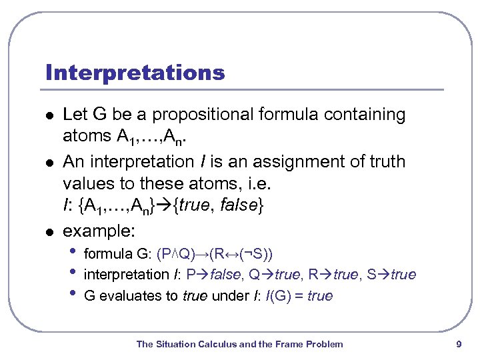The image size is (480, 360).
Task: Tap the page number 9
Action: [x=458, y=344]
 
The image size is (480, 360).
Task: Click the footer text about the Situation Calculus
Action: [x=239, y=344]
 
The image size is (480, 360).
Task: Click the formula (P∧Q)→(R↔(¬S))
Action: [x=215, y=254]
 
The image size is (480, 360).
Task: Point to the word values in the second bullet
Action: [x=84, y=185]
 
